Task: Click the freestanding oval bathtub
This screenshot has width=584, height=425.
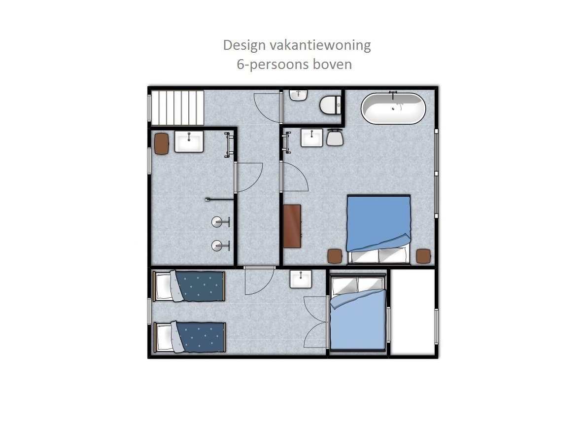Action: point(393,108)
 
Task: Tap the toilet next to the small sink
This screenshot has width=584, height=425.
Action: point(330,105)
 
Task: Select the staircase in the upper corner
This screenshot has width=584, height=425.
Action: point(177,107)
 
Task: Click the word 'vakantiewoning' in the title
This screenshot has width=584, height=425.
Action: point(320,45)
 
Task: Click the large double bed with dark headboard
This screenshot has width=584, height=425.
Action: point(379,229)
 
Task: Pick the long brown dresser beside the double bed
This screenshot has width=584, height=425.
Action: point(292,226)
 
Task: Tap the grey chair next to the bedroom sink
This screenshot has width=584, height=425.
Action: point(335,138)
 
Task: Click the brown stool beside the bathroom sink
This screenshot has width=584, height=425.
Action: point(162,143)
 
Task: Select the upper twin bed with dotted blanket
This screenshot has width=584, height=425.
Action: point(189,286)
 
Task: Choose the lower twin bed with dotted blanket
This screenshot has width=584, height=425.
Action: point(189,337)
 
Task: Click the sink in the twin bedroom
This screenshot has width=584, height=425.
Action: point(301,279)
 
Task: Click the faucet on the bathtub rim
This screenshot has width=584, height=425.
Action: point(393,95)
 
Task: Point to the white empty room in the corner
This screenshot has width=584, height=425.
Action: point(412,312)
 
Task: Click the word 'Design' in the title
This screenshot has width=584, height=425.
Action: point(244,45)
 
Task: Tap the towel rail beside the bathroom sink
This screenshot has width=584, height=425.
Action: point(228,144)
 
